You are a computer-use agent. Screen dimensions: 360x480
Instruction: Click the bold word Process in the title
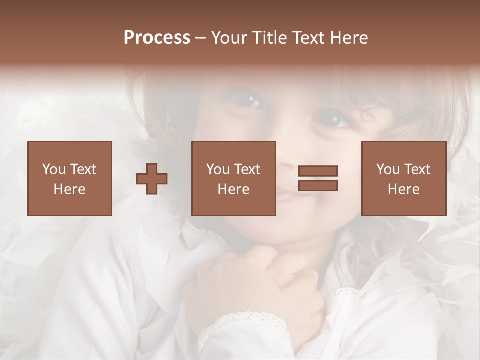click(157, 38)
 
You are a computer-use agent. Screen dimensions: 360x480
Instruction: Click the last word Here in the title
click(350, 38)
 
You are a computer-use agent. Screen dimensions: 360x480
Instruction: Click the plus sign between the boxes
click(152, 179)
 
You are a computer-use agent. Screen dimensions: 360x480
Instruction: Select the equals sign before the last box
click(318, 178)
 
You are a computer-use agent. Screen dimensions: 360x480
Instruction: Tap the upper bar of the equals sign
click(318, 171)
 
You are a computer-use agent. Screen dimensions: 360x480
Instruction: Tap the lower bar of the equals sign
click(318, 186)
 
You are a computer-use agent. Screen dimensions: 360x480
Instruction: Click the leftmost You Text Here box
click(69, 178)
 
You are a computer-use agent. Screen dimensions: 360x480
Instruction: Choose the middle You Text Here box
click(233, 178)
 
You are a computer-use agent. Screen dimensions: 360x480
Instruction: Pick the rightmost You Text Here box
click(403, 178)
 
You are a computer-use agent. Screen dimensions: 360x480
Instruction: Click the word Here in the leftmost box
click(69, 189)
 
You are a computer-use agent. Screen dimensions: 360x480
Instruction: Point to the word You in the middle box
click(217, 169)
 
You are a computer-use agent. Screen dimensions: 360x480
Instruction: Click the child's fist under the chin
click(255, 285)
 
